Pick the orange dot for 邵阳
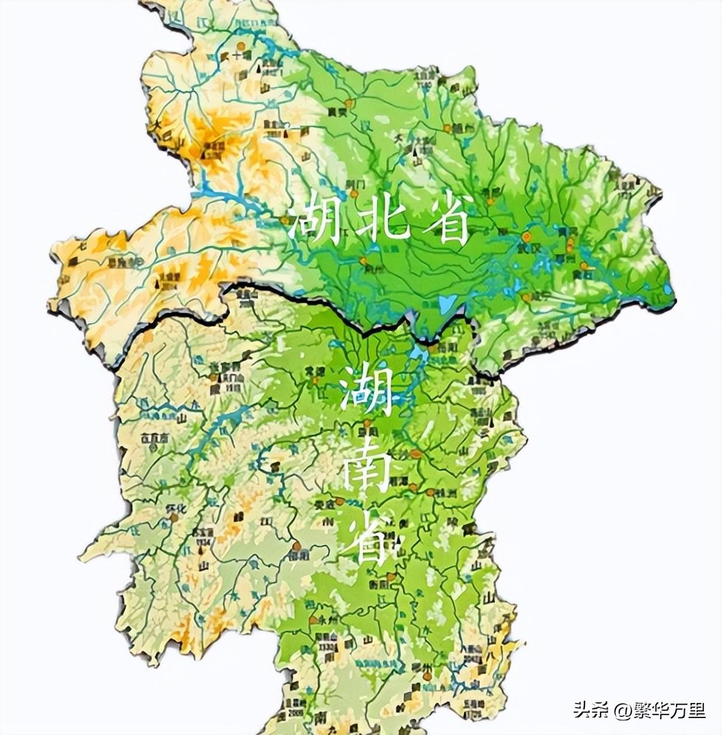[297, 547]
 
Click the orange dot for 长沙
[416, 453]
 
